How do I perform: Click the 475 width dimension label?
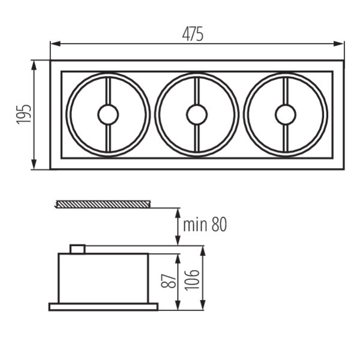pyautogui.click(x=193, y=34)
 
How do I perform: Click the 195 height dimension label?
pyautogui.click(x=23, y=115)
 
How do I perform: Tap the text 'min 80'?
pyautogui.click(x=205, y=224)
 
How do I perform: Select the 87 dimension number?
pyautogui.click(x=169, y=281)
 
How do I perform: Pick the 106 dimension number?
pyautogui.click(x=192, y=280)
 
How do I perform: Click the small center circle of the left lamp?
pyautogui.click(x=108, y=115)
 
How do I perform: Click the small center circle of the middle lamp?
pyautogui.click(x=197, y=115)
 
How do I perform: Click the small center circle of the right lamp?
pyautogui.click(x=286, y=115)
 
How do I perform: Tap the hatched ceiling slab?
pyautogui.click(x=103, y=204)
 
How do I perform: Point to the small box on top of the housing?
pyautogui.click(x=77, y=249)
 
